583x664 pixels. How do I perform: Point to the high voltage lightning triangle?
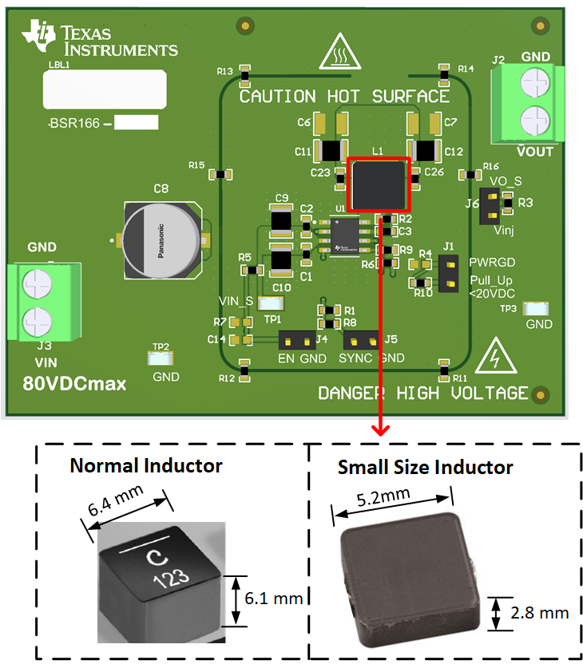(495, 362)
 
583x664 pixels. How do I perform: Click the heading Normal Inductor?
(146, 465)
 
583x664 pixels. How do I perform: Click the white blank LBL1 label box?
(104, 89)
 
